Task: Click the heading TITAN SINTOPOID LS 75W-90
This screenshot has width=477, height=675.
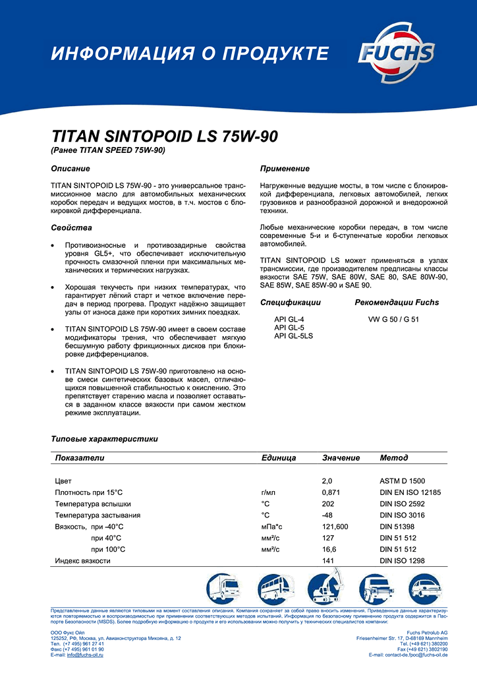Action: tap(165, 137)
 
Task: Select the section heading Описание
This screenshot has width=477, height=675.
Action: tap(70, 169)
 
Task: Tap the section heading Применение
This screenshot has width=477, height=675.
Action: tap(285, 169)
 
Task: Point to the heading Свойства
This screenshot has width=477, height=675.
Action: tap(72, 228)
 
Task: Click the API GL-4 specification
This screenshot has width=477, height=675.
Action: tap(289, 319)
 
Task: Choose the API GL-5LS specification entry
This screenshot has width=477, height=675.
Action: tap(293, 336)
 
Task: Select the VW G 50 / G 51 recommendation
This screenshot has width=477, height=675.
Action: tap(393, 319)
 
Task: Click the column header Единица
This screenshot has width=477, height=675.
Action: tap(278, 457)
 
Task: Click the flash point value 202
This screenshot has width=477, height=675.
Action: tap(328, 504)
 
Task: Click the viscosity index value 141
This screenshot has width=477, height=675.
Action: tap(328, 560)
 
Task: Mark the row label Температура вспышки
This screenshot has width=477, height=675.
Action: tap(98, 504)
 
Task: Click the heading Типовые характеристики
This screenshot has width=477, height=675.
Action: tap(105, 438)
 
